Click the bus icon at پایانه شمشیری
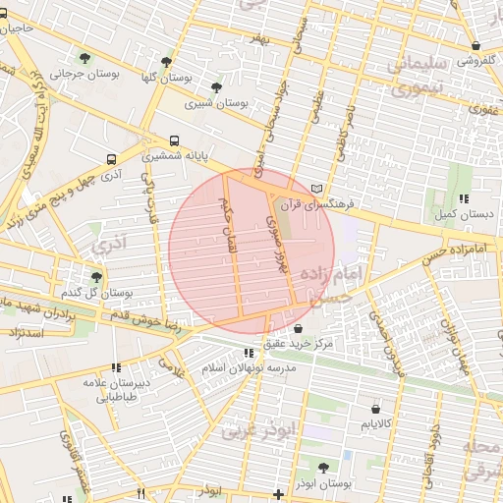click(x=175, y=140)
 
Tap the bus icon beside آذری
click(x=111, y=159)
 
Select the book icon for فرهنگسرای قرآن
click(x=315, y=189)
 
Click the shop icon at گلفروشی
click(x=476, y=45)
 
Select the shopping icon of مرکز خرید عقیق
click(x=298, y=328)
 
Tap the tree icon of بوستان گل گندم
click(x=96, y=277)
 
